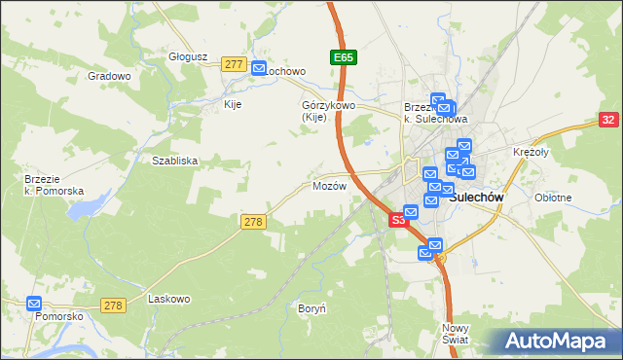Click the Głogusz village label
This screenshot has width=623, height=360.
tap(189, 56)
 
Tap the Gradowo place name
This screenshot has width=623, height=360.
tap(109, 76)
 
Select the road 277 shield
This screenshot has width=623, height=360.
tap(233, 64)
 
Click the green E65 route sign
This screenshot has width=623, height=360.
tap(343, 58)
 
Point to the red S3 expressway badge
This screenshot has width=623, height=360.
tap(398, 221)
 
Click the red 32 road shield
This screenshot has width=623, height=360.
tap(608, 120)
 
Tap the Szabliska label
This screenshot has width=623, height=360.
tap(175, 161)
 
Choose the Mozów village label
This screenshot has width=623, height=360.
tap(329, 186)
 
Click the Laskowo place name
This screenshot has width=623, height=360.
tap(166, 299)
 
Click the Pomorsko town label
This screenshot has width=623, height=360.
tap(59, 317)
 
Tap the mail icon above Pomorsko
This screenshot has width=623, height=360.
tap(35, 303)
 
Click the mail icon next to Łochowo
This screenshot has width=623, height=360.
tap(259, 68)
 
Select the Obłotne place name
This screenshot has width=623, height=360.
tap(553, 198)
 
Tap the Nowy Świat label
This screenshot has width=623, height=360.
tap(456, 334)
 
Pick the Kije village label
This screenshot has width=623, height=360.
tap(233, 104)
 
